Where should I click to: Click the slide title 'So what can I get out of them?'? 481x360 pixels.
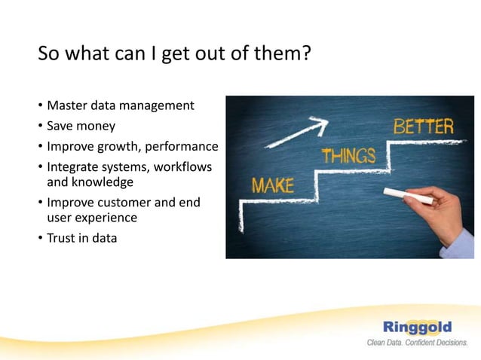click(174, 55)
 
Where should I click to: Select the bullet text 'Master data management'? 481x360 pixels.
click(120, 105)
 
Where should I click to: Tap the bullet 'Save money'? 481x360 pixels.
click(81, 126)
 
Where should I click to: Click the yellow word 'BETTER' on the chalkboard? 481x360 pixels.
click(424, 127)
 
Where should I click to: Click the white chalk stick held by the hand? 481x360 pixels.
click(408, 197)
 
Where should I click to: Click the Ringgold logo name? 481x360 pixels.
click(417, 327)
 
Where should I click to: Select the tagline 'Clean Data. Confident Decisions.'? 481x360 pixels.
click(417, 343)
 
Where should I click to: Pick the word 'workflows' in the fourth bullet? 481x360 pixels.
click(182, 166)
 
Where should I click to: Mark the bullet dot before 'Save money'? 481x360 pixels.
click(41, 127)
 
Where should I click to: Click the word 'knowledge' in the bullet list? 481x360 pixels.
click(102, 182)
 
